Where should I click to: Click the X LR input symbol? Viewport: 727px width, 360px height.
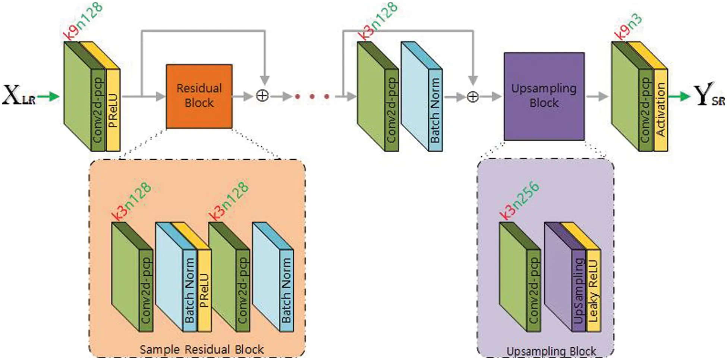19,95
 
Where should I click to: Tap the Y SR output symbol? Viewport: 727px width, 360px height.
708,95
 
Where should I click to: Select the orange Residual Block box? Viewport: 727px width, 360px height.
199,96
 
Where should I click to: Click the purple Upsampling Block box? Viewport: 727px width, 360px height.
544,96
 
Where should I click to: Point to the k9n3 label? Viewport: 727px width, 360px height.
629,27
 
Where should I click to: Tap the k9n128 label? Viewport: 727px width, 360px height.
83,21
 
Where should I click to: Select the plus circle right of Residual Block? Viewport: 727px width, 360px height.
262,96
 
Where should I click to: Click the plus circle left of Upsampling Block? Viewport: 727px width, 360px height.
473,97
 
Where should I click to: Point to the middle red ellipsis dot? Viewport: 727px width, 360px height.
312,97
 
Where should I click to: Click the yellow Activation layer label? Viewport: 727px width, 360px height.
660,110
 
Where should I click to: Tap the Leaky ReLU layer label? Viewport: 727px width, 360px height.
593,291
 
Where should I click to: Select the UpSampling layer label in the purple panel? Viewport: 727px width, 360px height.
578,291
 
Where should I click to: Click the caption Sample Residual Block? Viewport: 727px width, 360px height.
202,350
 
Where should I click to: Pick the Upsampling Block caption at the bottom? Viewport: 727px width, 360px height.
551,351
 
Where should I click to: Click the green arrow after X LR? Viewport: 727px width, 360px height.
48,97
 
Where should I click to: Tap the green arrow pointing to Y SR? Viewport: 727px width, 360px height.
679,97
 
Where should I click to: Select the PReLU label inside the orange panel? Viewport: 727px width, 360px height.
204,291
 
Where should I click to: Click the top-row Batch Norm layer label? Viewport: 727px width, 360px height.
435,110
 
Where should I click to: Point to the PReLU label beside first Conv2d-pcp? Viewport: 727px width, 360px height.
113,110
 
